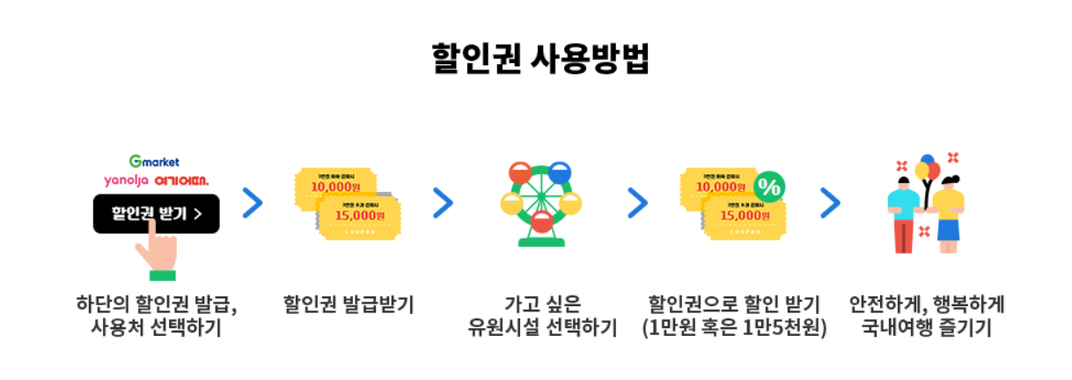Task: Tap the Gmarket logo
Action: click(154, 161)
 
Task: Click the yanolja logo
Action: click(126, 179)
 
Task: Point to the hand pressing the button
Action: click(158, 249)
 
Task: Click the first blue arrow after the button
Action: click(253, 203)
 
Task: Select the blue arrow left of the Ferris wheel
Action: click(443, 203)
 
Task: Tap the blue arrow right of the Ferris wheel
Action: click(637, 203)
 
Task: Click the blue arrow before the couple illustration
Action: click(829, 203)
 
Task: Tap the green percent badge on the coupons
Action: click(769, 186)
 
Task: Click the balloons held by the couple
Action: click(927, 169)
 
